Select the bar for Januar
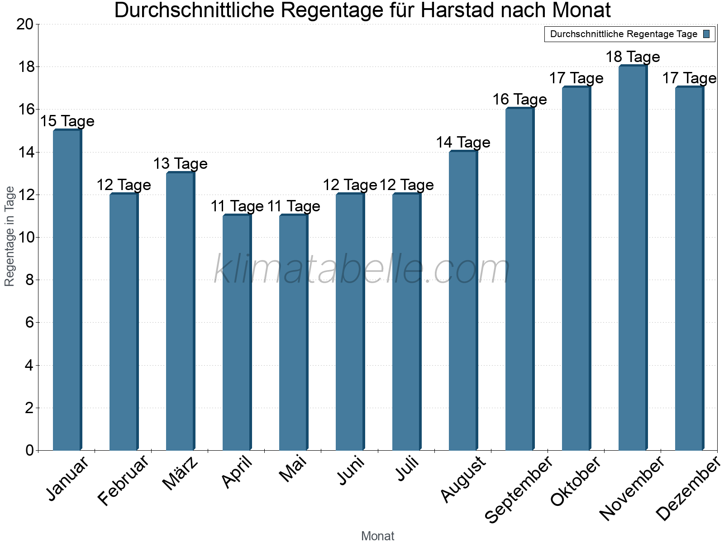click(x=67, y=290)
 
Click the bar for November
click(x=633, y=258)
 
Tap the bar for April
click(x=237, y=333)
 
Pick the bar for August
click(x=463, y=301)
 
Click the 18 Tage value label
click(x=633, y=57)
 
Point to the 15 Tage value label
click(x=67, y=121)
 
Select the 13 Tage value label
click(x=180, y=164)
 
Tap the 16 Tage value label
click(x=519, y=100)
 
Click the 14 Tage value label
click(x=463, y=143)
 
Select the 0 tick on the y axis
click(x=30, y=450)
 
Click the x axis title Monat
click(x=377, y=536)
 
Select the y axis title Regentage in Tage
click(x=10, y=236)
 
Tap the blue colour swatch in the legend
click(x=706, y=34)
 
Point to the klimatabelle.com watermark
click(x=362, y=269)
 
